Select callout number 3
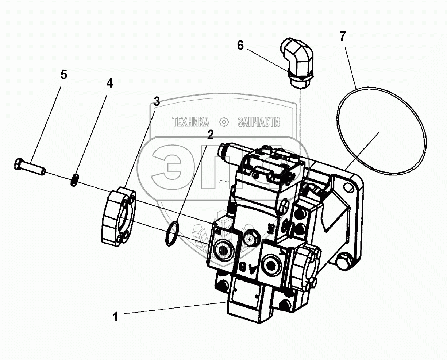click(157, 101)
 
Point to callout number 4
click(109, 83)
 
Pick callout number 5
click(63, 75)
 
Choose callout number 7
click(342, 36)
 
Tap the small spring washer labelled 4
click(74, 180)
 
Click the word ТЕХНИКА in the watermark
click(191, 122)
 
